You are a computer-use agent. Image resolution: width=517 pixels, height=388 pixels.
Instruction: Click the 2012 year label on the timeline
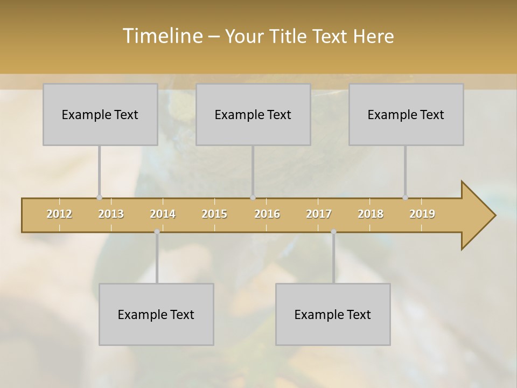tap(59, 214)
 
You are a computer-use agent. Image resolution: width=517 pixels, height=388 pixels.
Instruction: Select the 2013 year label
tap(111, 214)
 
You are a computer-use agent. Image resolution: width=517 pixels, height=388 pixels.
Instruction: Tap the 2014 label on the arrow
tap(163, 214)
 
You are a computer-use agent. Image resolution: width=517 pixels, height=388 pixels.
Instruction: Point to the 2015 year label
tap(214, 214)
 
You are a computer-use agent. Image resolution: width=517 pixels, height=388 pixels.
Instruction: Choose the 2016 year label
tap(267, 214)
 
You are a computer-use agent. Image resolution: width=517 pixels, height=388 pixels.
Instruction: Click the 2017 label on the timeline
tap(319, 214)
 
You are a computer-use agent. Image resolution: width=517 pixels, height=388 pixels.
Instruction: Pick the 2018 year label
tap(371, 214)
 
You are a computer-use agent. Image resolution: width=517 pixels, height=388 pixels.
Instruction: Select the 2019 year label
tap(422, 214)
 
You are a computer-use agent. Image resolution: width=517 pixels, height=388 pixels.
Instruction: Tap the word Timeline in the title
tap(162, 36)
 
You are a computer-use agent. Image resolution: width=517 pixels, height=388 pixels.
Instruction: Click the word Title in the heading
tap(288, 36)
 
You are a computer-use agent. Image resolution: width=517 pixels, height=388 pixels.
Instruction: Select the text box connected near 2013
tap(100, 114)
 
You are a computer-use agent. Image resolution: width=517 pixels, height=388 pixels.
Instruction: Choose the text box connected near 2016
tap(253, 114)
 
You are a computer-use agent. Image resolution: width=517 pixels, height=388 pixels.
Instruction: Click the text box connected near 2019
tap(406, 114)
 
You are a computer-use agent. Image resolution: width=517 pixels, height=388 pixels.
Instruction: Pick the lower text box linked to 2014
tap(156, 314)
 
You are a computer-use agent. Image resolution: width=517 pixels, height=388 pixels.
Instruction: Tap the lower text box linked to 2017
tap(333, 314)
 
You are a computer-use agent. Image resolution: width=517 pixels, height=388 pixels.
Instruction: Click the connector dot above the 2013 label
tap(99, 197)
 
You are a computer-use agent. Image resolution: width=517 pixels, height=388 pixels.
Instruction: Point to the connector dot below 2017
tap(333, 232)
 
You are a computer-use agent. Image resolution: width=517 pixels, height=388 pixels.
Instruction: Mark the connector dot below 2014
tap(157, 232)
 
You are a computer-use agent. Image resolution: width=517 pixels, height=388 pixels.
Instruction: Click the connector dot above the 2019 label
tap(405, 197)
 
